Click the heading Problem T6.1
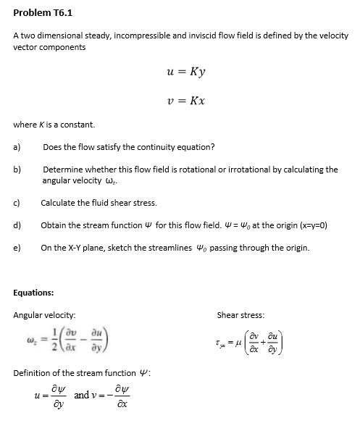click(43, 12)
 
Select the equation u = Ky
click(186, 73)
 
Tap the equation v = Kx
click(186, 101)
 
